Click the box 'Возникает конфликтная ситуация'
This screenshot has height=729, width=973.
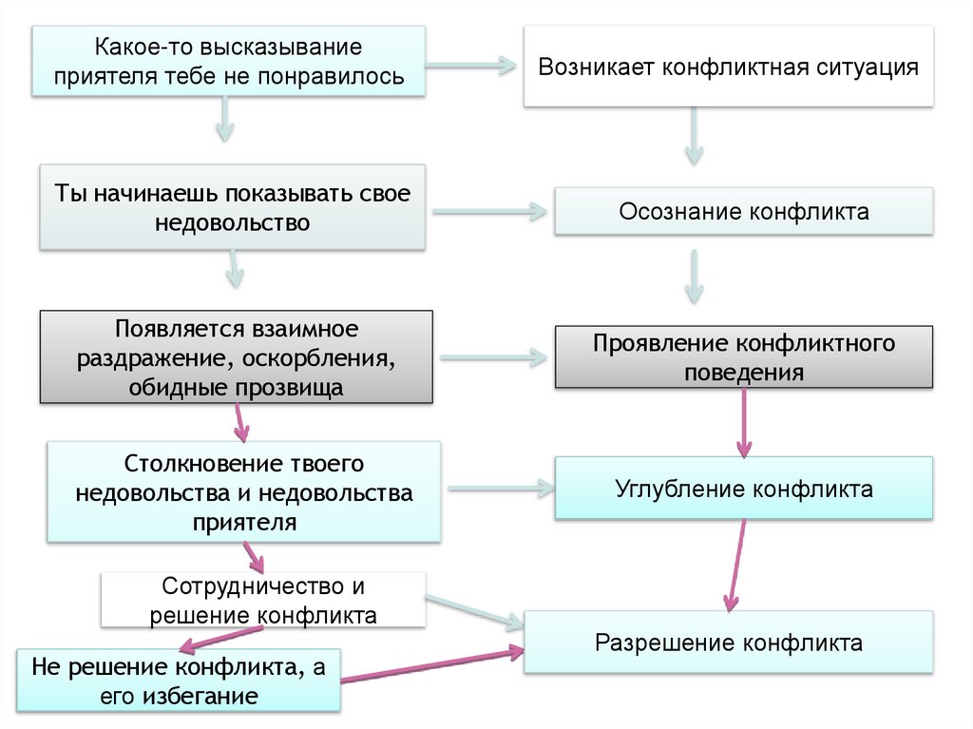click(x=729, y=67)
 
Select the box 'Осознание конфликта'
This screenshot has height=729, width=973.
click(x=744, y=211)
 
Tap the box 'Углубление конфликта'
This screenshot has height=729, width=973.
click(x=744, y=489)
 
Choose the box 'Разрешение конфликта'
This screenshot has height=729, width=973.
click(x=729, y=643)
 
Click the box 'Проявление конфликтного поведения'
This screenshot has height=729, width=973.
click(x=744, y=356)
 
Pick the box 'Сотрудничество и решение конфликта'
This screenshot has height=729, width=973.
click(x=263, y=601)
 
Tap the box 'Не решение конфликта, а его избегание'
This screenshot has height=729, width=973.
click(x=179, y=680)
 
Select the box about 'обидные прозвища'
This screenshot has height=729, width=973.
click(x=237, y=358)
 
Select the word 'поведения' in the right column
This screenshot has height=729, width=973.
click(x=744, y=372)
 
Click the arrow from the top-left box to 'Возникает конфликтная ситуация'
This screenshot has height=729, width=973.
click(x=469, y=67)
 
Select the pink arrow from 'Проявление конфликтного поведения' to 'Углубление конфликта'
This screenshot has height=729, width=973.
click(x=744, y=423)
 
